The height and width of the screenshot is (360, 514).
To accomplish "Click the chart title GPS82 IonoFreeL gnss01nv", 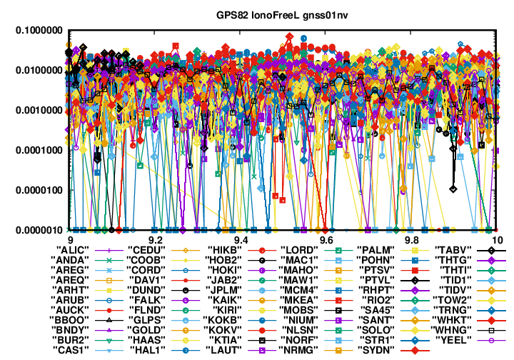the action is pos(282,15).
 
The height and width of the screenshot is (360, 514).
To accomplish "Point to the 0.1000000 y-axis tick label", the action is pos(39,31).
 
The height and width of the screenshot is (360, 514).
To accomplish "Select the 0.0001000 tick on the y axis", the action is pos(39,150).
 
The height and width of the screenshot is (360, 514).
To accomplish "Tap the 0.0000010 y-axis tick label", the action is pos(39,230).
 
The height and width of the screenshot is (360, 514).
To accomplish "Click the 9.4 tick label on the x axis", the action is pos(241,240).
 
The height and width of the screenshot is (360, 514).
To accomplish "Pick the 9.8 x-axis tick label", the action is pos(412,240).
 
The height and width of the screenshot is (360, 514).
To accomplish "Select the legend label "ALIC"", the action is pos(72,250).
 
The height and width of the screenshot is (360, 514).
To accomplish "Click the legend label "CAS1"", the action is pos(71,350).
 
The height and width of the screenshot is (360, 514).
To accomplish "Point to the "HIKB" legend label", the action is pos(225,250).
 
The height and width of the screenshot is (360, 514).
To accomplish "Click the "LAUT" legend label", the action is pos(224,350).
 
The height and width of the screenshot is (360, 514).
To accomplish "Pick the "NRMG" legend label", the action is pos(298,350).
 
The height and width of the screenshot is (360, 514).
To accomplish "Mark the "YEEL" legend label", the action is pos(453,340).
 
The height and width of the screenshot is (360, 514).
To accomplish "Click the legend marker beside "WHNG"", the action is pos(491,330).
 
